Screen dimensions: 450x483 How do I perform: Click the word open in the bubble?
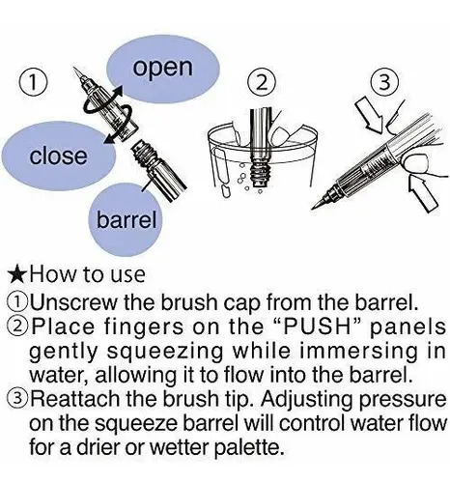[x=163, y=69]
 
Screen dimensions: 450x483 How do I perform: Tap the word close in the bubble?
[x=58, y=156]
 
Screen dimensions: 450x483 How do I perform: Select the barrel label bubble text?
[x=127, y=219]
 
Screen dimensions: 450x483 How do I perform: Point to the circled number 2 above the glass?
[x=262, y=82]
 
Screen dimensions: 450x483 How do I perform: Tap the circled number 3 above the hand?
[x=384, y=82]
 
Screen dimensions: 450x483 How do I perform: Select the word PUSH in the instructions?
[x=317, y=327]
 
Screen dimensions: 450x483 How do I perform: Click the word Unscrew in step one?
[x=74, y=302]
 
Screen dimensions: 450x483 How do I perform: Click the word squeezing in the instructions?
[x=165, y=352]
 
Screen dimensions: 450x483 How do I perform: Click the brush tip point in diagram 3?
[x=313, y=208]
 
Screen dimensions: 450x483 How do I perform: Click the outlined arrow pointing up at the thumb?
[x=424, y=192]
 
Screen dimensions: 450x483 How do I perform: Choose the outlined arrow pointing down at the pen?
[x=370, y=114]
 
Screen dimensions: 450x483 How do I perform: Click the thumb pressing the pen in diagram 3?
[x=417, y=163]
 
